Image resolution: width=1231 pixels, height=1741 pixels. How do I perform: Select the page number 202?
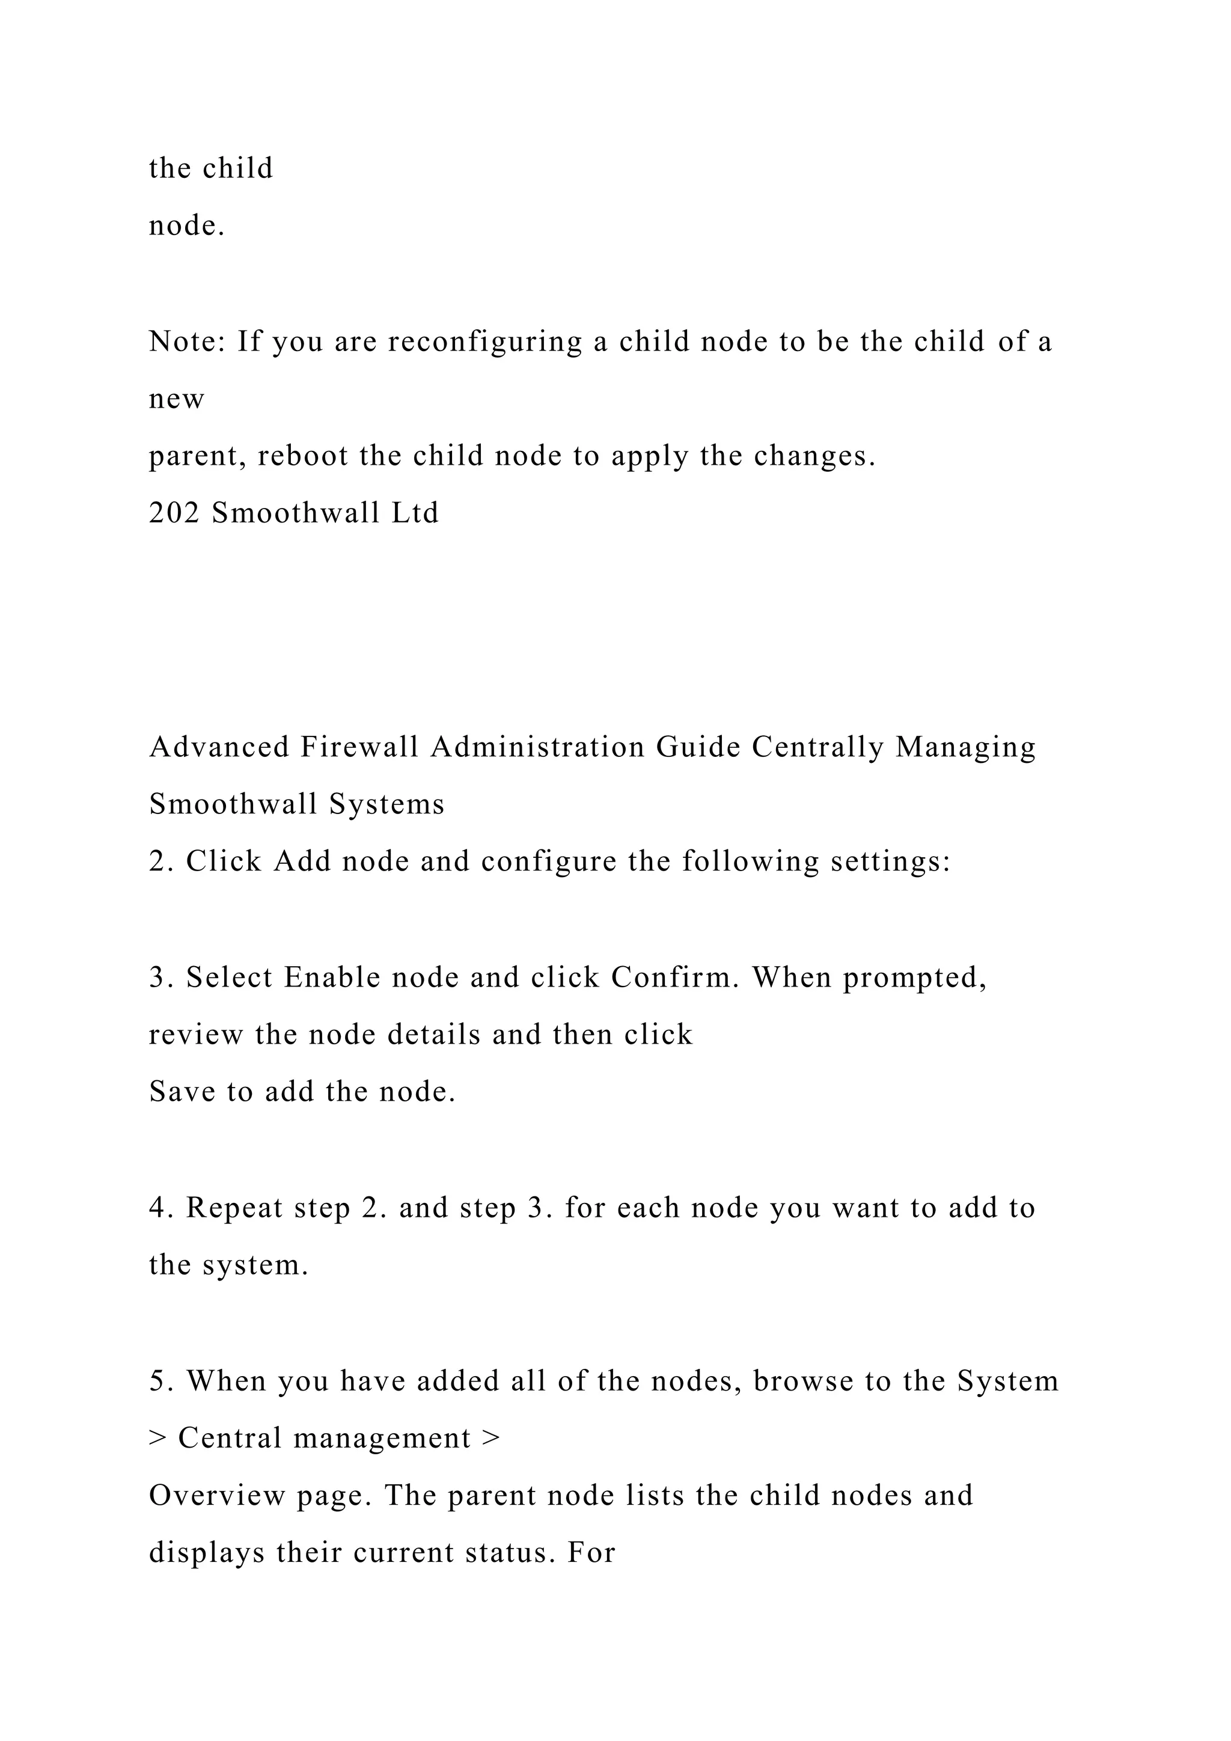(x=174, y=513)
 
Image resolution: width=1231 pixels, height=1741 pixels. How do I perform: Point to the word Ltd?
(x=415, y=513)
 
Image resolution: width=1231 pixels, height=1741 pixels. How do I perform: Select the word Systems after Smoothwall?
(x=386, y=804)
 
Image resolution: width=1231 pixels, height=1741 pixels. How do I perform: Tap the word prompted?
(x=915, y=978)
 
